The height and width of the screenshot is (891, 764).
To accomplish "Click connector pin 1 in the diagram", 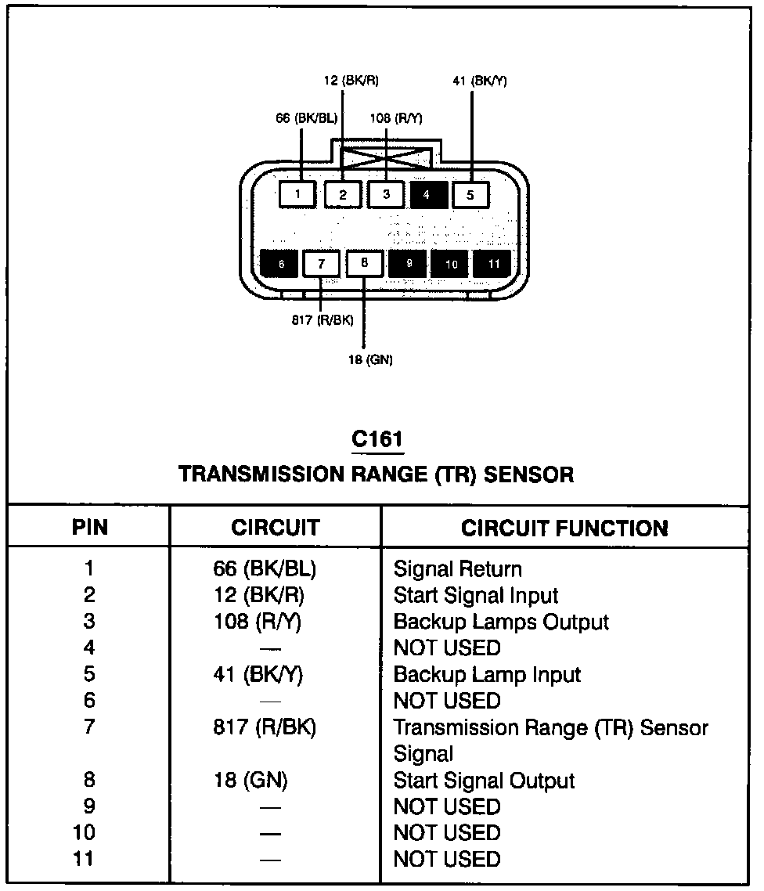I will point(298,193).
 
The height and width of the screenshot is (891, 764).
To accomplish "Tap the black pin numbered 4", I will point(427,193).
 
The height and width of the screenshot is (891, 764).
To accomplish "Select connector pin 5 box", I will point(470,193).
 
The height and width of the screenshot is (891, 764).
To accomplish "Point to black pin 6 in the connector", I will point(280,265).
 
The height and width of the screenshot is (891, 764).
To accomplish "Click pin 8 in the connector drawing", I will point(364,264).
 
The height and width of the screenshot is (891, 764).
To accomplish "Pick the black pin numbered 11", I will point(493,265).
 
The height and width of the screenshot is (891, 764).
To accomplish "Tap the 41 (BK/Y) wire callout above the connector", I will point(479,81).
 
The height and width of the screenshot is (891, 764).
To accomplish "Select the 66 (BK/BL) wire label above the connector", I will point(306,118).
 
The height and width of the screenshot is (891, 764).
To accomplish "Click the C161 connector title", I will point(377,439).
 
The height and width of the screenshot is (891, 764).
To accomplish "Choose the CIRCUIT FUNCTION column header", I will point(564,528).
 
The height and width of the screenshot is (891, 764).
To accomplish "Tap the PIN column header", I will point(90,528).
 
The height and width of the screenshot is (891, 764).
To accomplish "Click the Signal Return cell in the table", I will point(457,569).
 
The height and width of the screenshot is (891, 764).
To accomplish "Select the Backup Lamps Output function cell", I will point(501,622).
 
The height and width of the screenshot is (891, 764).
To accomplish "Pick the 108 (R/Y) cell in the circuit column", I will point(258,622).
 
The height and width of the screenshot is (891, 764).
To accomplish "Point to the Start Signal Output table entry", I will point(484,781).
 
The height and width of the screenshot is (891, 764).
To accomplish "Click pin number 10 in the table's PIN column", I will point(84,832).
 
